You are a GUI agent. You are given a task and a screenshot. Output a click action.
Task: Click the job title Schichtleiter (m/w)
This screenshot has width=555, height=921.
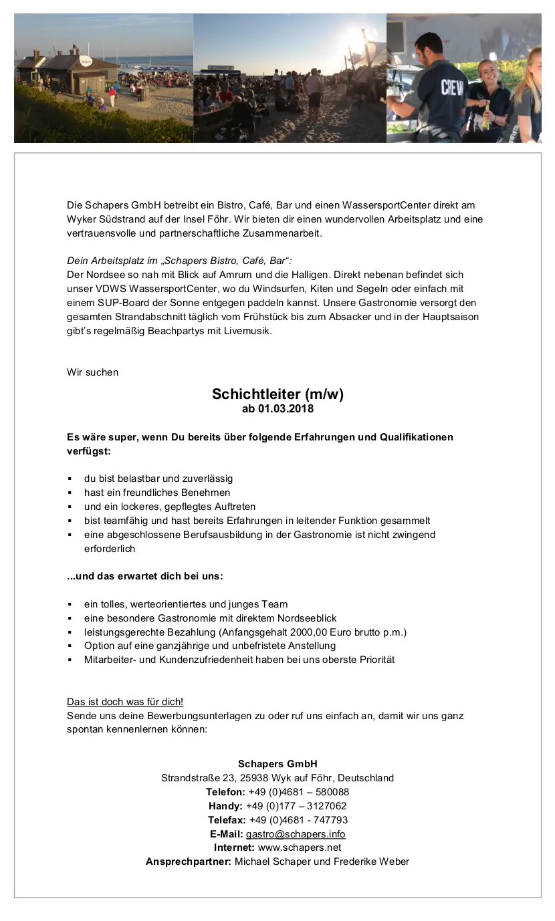(277, 394)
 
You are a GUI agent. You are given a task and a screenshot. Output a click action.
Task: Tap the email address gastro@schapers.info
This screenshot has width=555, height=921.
(296, 833)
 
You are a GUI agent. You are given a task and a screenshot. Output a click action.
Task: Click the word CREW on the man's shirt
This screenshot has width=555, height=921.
(452, 88)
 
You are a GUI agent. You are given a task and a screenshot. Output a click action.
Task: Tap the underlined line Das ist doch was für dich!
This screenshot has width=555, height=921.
(125, 702)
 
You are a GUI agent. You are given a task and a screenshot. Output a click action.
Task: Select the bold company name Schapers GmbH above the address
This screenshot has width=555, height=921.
(277, 764)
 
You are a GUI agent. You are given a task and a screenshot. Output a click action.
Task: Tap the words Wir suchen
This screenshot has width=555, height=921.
(92, 372)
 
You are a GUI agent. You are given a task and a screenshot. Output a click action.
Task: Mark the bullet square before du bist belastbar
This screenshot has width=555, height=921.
(70, 479)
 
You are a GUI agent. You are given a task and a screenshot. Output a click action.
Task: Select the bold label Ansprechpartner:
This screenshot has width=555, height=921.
(189, 862)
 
